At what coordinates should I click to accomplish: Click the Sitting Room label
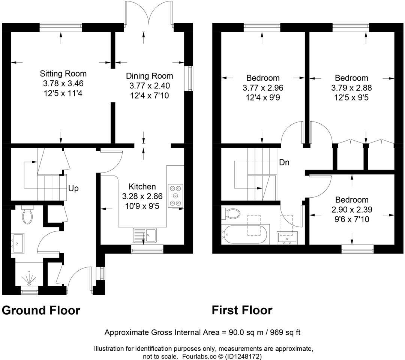pyautogui.click(x=63, y=73)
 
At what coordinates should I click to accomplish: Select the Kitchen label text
pyautogui.click(x=142, y=186)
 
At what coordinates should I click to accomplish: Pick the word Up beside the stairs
pyautogui.click(x=73, y=188)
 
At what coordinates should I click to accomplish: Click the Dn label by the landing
pyautogui.click(x=284, y=163)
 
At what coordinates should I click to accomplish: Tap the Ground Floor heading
pyautogui.click(x=41, y=310)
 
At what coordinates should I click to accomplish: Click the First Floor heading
pyautogui.click(x=242, y=310)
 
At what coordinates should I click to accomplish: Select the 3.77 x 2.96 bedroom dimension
pyautogui.click(x=262, y=88)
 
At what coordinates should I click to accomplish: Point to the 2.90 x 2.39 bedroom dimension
pyautogui.click(x=352, y=210)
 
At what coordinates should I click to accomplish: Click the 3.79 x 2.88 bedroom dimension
pyautogui.click(x=351, y=88)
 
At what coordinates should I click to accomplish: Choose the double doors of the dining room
pyautogui.click(x=149, y=13)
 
